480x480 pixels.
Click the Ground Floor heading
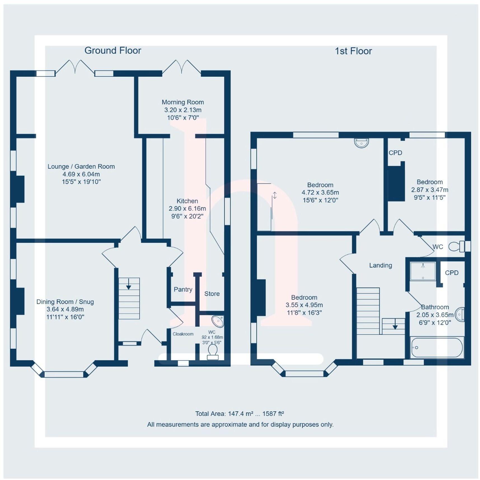click(113, 51)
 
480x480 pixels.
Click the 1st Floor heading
click(353, 51)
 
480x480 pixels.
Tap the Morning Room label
click(183, 102)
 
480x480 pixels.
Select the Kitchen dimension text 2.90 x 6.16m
click(187, 209)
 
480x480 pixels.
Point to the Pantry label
click(183, 290)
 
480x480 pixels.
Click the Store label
click(212, 294)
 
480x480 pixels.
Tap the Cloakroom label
click(183, 334)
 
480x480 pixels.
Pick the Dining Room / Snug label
click(65, 302)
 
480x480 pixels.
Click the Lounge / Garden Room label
click(81, 167)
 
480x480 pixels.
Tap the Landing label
click(380, 265)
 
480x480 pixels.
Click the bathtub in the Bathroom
click(437, 347)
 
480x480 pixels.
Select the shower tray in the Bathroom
click(423, 271)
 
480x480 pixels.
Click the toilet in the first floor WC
click(456, 246)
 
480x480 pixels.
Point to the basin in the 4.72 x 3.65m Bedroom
click(361, 143)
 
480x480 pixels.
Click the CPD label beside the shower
click(451, 273)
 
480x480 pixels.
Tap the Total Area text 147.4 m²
click(240, 414)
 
